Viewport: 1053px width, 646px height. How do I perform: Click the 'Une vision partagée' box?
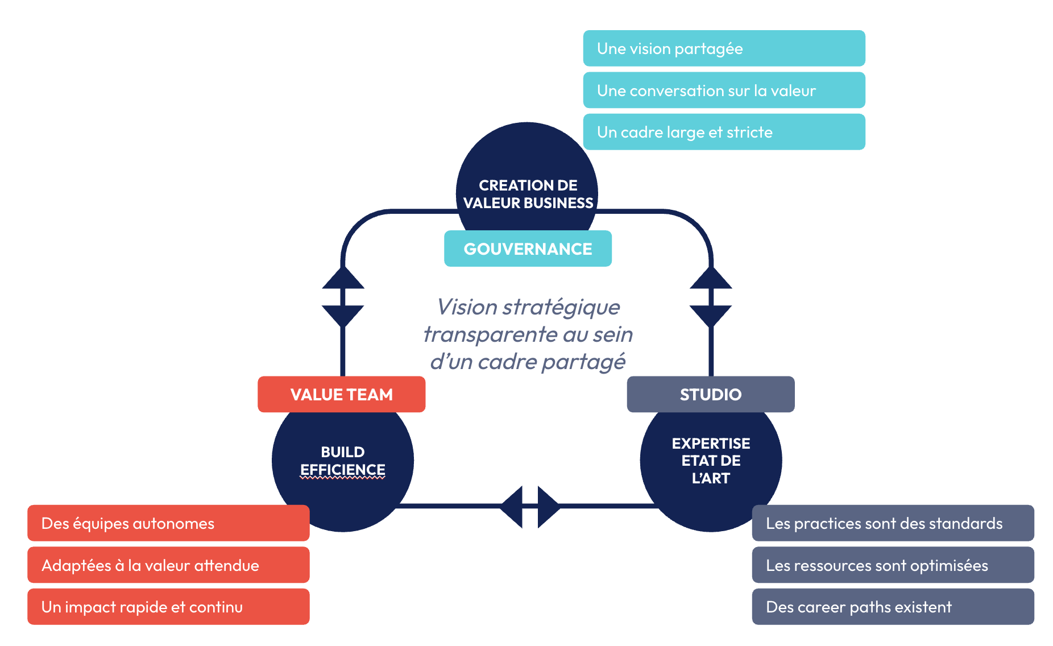tap(723, 48)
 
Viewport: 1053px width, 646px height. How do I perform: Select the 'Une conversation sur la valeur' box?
tap(723, 90)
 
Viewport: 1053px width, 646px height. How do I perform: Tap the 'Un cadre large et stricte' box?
tap(723, 132)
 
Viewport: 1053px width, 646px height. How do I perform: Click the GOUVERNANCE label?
tap(528, 249)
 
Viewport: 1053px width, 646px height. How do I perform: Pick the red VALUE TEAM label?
tap(341, 394)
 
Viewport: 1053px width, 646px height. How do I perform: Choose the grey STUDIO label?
tap(710, 394)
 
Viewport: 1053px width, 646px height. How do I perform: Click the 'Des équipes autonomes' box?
tap(168, 523)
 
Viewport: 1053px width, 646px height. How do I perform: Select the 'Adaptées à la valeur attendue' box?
tap(168, 565)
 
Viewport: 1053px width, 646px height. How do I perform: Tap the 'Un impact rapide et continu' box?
tap(168, 607)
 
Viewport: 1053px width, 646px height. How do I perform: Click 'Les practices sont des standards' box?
tap(893, 523)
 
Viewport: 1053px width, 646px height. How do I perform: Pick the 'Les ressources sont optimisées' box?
tap(893, 565)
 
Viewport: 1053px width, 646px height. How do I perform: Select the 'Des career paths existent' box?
tap(893, 607)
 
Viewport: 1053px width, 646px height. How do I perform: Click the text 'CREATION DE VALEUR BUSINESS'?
tap(528, 194)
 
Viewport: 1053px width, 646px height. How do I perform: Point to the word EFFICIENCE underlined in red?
tap(343, 470)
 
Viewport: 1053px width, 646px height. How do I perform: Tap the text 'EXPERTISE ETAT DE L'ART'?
tap(711, 461)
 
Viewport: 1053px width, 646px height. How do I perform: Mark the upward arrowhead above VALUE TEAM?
tap(343, 278)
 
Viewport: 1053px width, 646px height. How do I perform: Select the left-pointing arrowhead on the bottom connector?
tap(512, 506)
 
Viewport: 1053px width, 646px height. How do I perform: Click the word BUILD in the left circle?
tap(343, 452)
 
